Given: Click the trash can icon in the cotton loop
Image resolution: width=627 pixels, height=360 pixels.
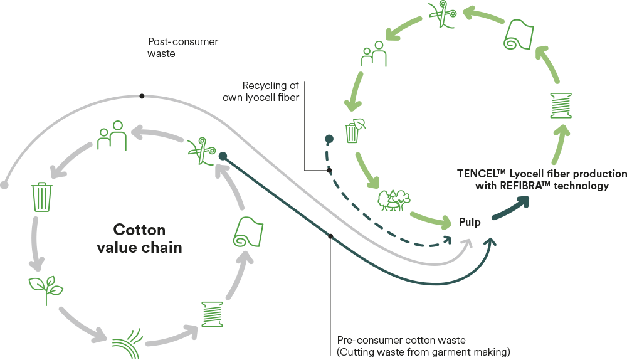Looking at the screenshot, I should click(x=43, y=197).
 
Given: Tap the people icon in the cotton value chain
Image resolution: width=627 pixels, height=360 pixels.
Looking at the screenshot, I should click(x=113, y=136).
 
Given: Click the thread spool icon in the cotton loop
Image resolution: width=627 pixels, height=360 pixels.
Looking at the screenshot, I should click(x=213, y=313).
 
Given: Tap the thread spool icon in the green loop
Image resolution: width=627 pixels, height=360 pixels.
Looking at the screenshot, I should click(x=559, y=105).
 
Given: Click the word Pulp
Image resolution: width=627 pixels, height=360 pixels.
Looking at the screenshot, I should click(x=470, y=223).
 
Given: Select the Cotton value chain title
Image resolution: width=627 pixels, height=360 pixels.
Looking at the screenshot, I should click(x=139, y=238).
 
